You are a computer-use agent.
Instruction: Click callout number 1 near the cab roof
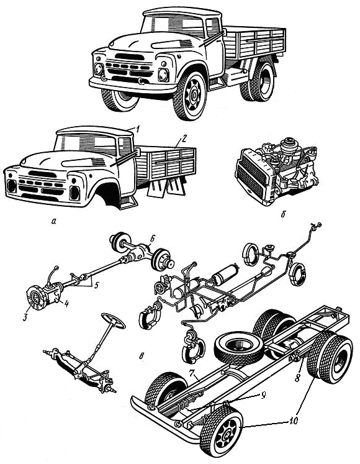(137, 129)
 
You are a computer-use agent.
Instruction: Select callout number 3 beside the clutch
(25, 317)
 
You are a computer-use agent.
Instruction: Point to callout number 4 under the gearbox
(66, 304)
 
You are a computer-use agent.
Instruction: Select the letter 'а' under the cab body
(53, 221)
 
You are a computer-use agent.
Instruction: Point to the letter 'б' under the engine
(283, 214)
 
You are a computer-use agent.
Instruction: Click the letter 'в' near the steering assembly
(142, 356)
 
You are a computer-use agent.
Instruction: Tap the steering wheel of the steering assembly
(114, 321)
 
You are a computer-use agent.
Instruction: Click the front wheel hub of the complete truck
(194, 94)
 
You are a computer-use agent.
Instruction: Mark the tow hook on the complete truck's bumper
(142, 81)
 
